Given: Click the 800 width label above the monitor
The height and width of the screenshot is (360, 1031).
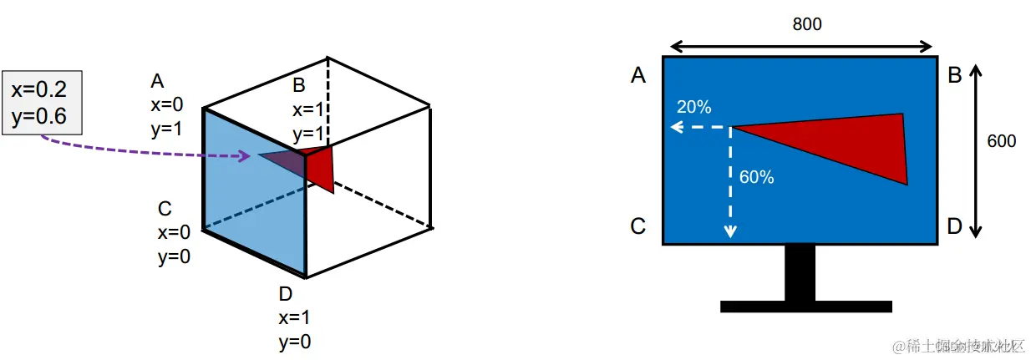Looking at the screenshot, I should pyautogui.click(x=806, y=24).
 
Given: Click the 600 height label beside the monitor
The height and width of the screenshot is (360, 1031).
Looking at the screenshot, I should pyautogui.click(x=1001, y=141).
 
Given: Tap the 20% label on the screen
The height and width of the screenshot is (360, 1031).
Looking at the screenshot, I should pyautogui.click(x=693, y=107).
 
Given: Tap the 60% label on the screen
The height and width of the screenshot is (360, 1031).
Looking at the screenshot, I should pyautogui.click(x=756, y=177).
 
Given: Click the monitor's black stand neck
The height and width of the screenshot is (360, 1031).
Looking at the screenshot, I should pyautogui.click(x=800, y=272).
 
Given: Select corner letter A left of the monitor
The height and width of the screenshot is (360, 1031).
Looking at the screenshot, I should pyautogui.click(x=638, y=76).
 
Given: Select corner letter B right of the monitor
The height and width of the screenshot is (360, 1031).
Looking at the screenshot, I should pyautogui.click(x=955, y=76).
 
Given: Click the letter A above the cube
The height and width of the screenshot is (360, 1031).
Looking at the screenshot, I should pyautogui.click(x=157, y=81).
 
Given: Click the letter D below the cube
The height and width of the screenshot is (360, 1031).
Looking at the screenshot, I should pyautogui.click(x=286, y=294).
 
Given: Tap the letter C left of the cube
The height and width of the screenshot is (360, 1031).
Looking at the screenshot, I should pyautogui.click(x=165, y=209).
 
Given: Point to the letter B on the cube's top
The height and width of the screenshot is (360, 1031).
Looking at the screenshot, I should pyautogui.click(x=299, y=84).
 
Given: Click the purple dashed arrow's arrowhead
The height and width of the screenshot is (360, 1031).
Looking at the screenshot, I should pyautogui.click(x=245, y=155).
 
